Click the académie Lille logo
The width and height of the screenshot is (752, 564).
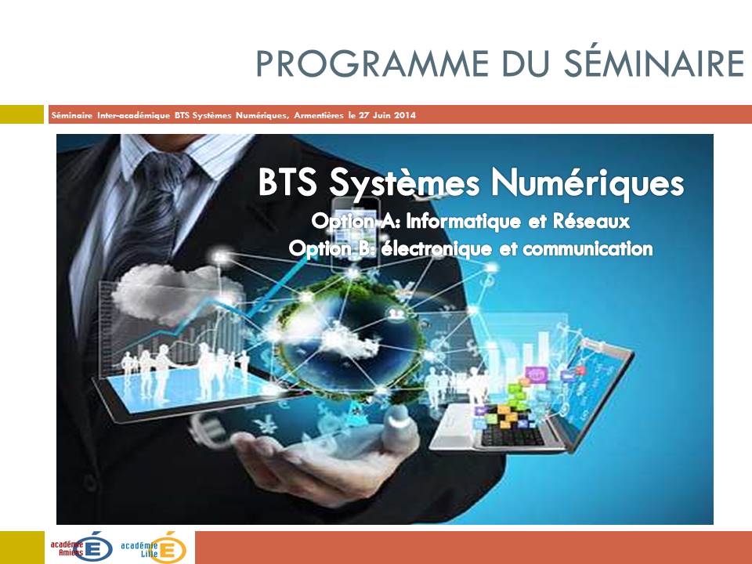(x=153, y=547)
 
